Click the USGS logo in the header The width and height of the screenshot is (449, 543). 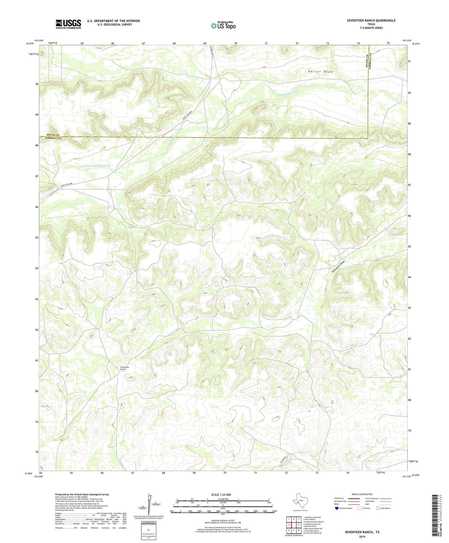point(68,24)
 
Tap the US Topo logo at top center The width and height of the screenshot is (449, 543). point(223,25)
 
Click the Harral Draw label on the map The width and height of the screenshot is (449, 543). point(320,72)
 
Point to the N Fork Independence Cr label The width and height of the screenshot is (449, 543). point(96,166)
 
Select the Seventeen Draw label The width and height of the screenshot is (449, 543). point(338,267)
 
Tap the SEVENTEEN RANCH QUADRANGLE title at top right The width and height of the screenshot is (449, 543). point(371,20)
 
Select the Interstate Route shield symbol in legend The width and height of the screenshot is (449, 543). point(337,508)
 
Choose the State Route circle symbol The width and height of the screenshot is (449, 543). point(378,508)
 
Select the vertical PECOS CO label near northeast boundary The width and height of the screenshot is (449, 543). point(367,61)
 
